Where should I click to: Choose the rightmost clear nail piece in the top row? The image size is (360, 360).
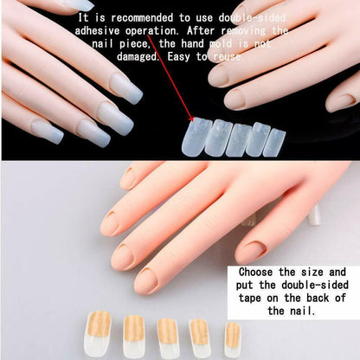click(274, 141)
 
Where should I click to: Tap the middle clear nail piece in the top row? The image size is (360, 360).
click(237, 138)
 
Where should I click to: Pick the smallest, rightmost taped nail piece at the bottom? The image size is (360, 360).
click(232, 337)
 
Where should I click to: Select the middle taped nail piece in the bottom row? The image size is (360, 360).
click(167, 336)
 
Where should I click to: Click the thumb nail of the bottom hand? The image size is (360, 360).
click(110, 224)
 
